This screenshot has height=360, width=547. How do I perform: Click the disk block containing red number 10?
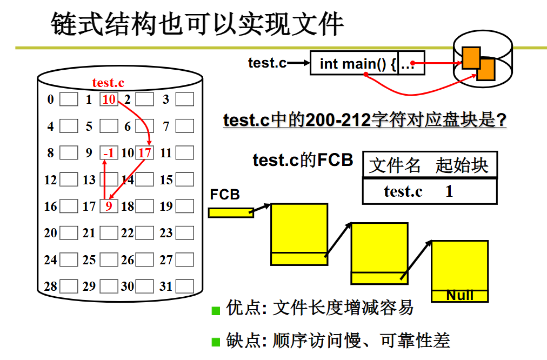tap(109, 99)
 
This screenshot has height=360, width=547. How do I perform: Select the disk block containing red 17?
tap(144, 153)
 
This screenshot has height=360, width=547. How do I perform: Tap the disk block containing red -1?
tap(109, 153)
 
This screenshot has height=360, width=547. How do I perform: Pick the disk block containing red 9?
tap(109, 206)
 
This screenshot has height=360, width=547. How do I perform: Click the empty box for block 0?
tap(68, 99)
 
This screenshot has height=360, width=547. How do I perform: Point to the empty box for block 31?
tap(184, 286)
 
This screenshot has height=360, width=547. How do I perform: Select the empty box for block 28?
tap(68, 286)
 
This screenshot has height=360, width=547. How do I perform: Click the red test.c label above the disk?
tap(108, 83)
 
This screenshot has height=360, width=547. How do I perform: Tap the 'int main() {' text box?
tap(354, 64)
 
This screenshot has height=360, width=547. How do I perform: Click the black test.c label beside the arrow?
tap(267, 63)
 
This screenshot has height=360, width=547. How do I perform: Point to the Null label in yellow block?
tap(460, 296)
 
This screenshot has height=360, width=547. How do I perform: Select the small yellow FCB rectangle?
tap(231, 212)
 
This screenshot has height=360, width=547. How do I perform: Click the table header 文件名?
tap(395, 165)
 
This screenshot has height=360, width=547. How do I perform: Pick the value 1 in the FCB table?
tap(449, 191)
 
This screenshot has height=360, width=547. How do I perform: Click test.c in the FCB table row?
tap(403, 191)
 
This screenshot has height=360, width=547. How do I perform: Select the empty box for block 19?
tap(184, 206)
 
